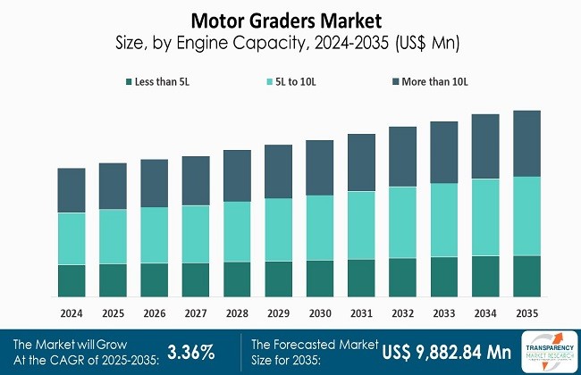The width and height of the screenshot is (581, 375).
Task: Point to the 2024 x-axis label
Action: tap(71, 313)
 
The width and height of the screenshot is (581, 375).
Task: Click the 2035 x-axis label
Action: tap(527, 313)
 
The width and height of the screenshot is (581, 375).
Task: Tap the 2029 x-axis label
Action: tap(278, 313)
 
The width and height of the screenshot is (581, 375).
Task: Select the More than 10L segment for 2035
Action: tap(527, 143)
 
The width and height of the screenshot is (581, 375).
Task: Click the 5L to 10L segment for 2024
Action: tap(71, 238)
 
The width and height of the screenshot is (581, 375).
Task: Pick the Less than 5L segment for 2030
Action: tap(320, 278)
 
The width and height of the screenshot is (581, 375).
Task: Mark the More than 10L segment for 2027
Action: tap(195, 180)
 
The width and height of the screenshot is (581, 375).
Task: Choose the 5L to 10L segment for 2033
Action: tap(444, 220)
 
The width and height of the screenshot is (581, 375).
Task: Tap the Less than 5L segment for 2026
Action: tap(154, 279)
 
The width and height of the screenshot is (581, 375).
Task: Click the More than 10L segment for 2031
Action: tap(361, 162)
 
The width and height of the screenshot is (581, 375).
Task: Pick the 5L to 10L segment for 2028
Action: tap(237, 231)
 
